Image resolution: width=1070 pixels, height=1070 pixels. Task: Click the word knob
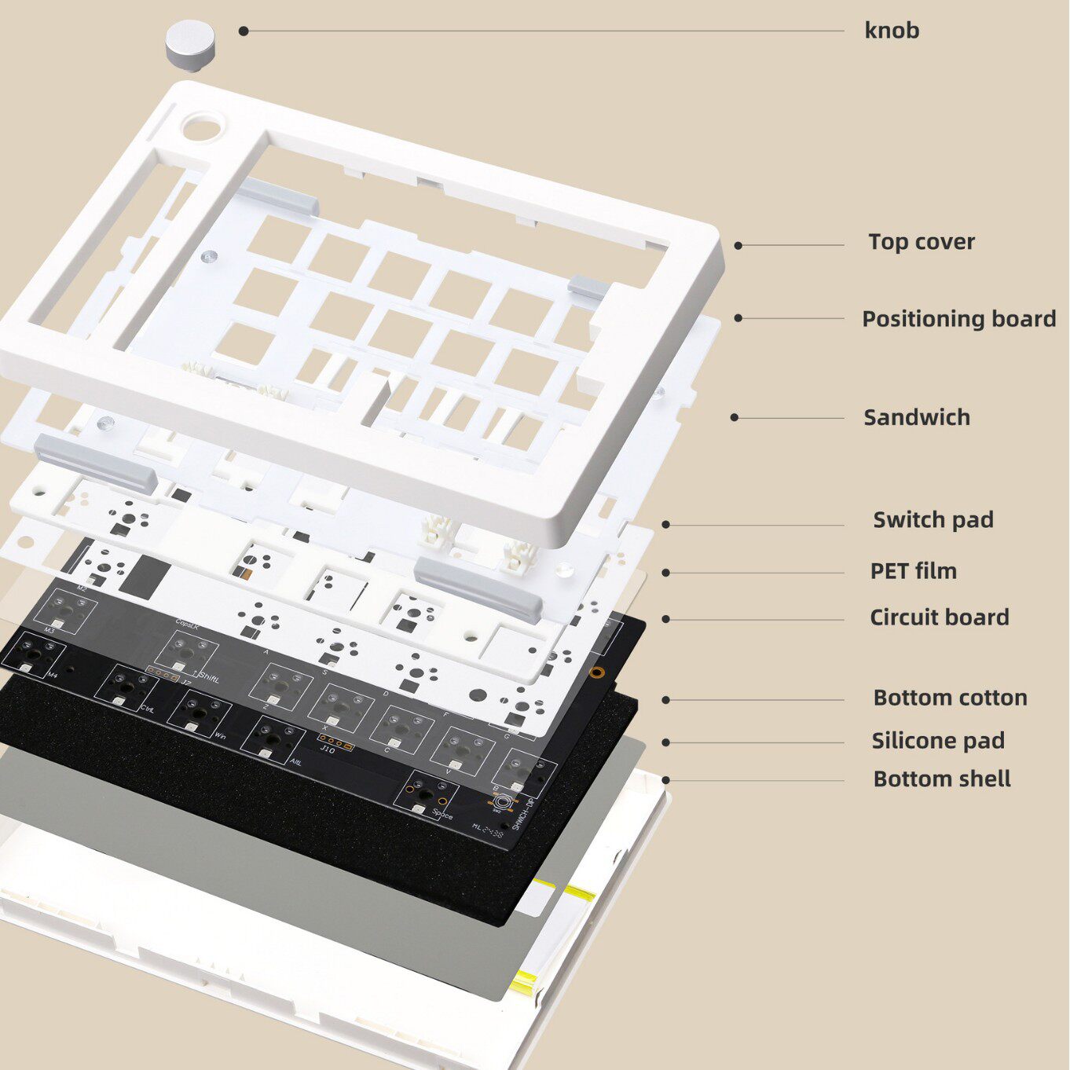pos(892,31)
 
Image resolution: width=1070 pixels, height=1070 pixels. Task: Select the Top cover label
pos(921,242)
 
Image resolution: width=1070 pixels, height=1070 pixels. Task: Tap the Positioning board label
pos(958,319)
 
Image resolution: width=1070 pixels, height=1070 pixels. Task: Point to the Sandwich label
pos(916,417)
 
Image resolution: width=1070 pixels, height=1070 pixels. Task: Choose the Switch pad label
pos(933,520)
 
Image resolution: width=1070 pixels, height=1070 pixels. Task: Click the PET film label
pos(913,571)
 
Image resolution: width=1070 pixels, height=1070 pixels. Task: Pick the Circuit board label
pos(939,617)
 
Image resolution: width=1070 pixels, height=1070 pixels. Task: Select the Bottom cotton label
pos(950,698)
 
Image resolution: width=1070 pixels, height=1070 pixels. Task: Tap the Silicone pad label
pos(937,741)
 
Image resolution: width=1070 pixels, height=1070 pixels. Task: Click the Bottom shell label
pos(941,779)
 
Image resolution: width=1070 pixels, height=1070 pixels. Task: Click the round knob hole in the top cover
pos(203,126)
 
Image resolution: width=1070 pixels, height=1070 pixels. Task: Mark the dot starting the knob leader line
pos(244,31)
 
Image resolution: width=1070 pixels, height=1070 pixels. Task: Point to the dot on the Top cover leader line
pos(738,246)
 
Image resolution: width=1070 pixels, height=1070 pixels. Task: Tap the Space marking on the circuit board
pos(442,815)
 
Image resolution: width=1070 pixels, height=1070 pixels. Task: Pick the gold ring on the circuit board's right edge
pos(597,672)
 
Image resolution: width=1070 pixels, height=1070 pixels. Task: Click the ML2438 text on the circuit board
pos(487,830)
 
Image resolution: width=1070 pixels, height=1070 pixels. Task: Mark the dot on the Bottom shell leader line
pos(665,780)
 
